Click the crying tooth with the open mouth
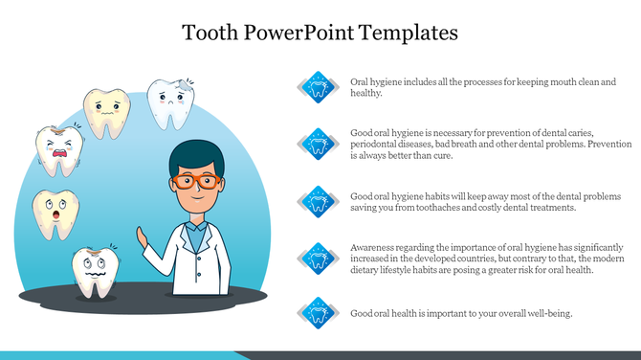click(56, 150)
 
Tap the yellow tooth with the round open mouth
click(55, 213)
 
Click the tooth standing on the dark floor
click(94, 271)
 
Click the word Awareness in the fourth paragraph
click(374, 246)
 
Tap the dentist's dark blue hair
click(196, 155)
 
